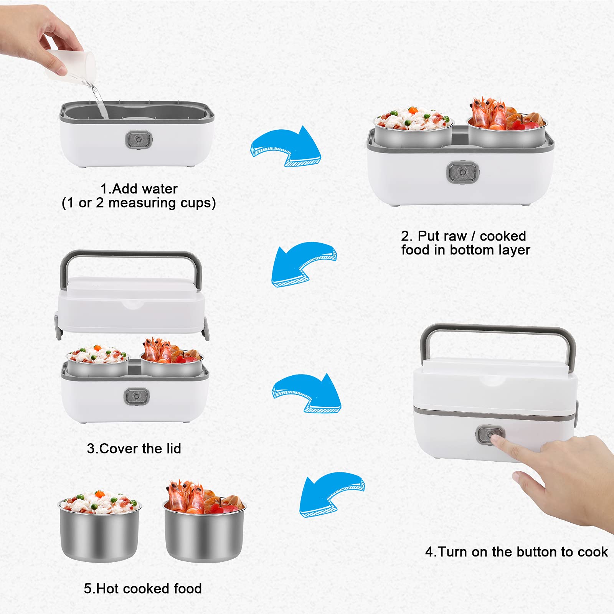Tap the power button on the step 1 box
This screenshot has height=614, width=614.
pyautogui.click(x=139, y=139)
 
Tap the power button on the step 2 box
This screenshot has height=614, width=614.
pyautogui.click(x=462, y=172)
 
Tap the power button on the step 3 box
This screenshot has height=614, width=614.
pyautogui.click(x=137, y=396)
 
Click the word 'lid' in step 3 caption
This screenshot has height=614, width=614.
pyautogui.click(x=174, y=448)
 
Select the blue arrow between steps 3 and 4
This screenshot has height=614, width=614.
pyautogui.click(x=307, y=393)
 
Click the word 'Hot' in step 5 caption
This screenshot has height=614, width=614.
pyautogui.click(x=106, y=588)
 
